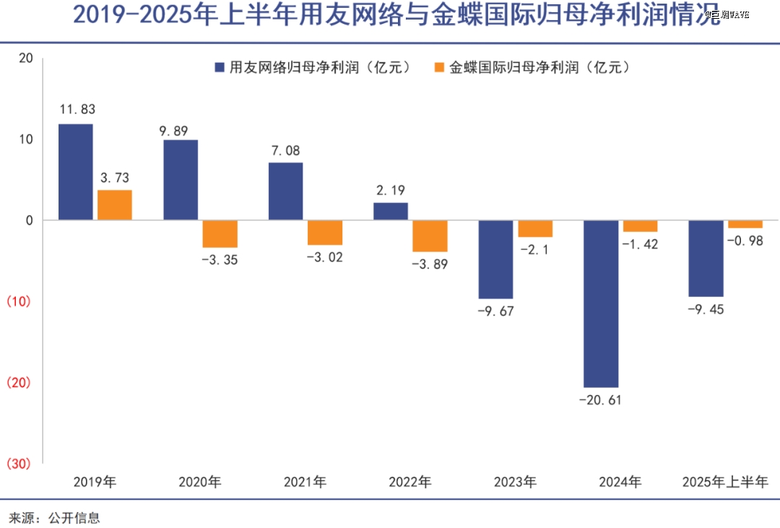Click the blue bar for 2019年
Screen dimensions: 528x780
coord(76,172)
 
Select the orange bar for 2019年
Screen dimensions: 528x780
coord(115,205)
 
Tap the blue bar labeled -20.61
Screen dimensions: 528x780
coord(601,303)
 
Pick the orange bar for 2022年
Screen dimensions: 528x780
coord(430,235)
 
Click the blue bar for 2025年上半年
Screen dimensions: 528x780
coord(706,258)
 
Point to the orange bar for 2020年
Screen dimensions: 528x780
coord(220,233)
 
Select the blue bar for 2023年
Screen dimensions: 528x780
coord(496,259)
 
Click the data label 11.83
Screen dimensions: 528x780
coord(77,110)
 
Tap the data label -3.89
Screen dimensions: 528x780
coord(430,264)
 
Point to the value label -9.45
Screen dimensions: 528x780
coord(706,310)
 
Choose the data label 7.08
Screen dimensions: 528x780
coord(285,151)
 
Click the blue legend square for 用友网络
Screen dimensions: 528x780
coord(220,68)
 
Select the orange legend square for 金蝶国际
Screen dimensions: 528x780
coord(440,68)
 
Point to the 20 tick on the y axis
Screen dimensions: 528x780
coord(26,59)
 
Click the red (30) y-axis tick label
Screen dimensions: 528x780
coord(19,464)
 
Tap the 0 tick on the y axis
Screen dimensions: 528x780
coord(30,220)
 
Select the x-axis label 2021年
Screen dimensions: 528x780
coord(305,482)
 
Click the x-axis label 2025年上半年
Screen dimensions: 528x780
coord(725,482)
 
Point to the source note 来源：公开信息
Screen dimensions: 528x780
coord(54,517)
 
